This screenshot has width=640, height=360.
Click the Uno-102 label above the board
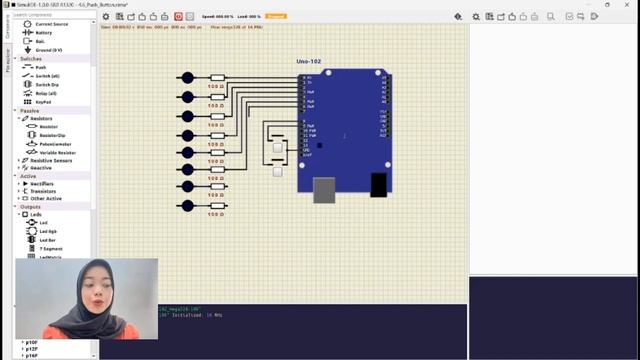(x=308, y=63)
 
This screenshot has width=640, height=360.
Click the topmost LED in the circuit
(x=186, y=78)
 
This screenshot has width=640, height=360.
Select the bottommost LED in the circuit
(x=186, y=205)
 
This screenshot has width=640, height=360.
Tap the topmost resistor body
(x=217, y=78)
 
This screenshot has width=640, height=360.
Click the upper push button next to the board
(x=277, y=148)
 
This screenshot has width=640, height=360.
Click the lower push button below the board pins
(x=277, y=171)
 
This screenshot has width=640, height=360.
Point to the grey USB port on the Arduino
(x=323, y=190)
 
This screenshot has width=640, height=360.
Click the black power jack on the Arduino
(x=379, y=184)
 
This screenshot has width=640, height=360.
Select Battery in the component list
(x=44, y=32)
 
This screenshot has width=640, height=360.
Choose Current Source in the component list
(x=52, y=24)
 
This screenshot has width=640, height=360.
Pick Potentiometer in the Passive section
(x=56, y=144)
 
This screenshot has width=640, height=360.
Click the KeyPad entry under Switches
(x=43, y=102)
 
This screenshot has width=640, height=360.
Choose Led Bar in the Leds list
(x=47, y=240)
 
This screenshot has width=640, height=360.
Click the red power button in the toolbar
(x=178, y=17)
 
